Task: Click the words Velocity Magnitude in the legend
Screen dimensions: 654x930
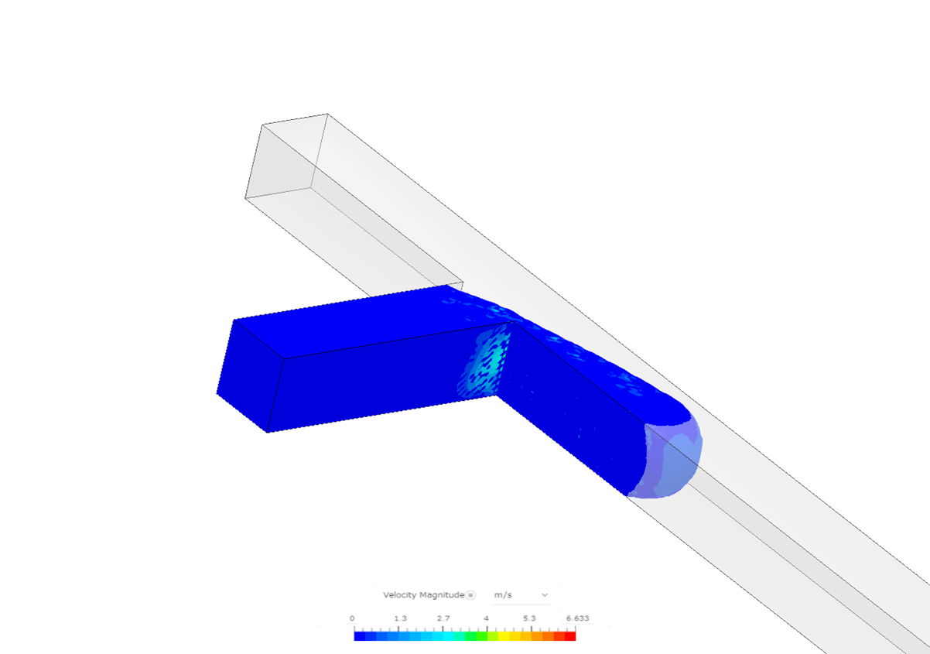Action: tap(423, 595)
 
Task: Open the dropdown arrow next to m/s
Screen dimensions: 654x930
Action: tap(545, 595)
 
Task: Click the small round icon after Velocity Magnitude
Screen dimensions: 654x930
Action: tap(470, 595)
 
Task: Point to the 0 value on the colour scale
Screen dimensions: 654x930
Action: tap(352, 619)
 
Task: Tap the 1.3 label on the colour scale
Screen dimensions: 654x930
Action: tap(400, 619)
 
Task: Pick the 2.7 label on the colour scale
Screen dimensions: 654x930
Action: tap(443, 619)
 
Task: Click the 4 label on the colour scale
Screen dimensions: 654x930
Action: tap(486, 619)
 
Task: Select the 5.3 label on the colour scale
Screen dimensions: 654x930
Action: tap(529, 619)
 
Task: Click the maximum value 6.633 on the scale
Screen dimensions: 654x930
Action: tap(577, 619)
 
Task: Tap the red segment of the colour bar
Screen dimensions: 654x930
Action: tap(570, 636)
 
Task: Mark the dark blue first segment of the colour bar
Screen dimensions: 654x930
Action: tap(360, 636)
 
